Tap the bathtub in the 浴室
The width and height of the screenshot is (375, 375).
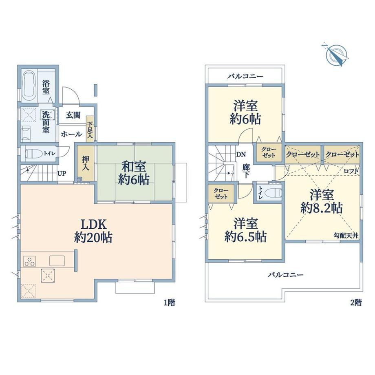coord(30,86)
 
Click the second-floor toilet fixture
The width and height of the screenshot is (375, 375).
coord(274,192)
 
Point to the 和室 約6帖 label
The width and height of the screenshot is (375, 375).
coord(134,173)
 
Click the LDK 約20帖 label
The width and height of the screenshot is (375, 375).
coord(93,231)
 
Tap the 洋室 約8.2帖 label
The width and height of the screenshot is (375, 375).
coord(322,202)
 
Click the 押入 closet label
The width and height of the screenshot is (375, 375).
coord(85,163)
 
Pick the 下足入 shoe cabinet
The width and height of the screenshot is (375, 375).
coord(90,129)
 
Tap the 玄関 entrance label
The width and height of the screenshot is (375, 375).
coord(73,115)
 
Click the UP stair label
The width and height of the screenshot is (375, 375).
coord(62,173)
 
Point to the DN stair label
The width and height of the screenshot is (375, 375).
coord(241,154)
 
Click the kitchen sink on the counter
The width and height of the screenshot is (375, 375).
coord(57,261)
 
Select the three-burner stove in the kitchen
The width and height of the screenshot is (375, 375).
coord(30,261)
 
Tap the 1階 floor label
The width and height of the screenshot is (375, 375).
coord(169,303)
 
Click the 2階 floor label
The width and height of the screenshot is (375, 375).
coord(356,303)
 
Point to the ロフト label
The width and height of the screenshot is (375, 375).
coord(351,171)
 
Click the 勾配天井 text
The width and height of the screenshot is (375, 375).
coord(346,236)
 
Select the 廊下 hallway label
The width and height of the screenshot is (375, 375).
coord(246,171)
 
